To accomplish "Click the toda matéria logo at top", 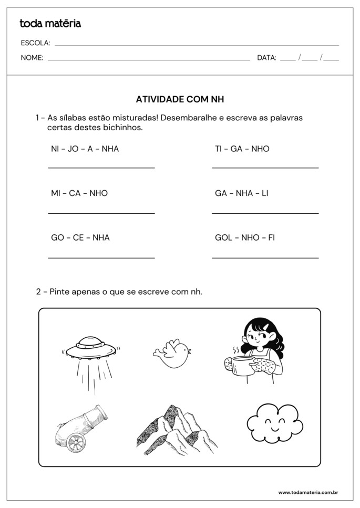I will coord(50,23).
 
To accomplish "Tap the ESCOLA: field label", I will coord(35,43).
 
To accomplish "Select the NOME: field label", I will coord(32,58).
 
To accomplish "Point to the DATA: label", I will coord(266,58).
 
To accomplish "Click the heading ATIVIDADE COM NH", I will coord(180,99).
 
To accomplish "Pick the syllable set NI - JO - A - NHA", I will coord(85,149).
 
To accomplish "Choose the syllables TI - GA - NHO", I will coord(242,149).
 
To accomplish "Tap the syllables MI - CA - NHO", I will coord(79,193).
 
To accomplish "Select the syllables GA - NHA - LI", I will coord(241,193).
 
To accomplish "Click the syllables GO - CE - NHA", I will coord(80,237).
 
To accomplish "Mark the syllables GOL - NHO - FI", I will coord(245,237).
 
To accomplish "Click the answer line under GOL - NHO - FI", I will coord(265,258).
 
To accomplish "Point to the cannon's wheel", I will coord(76,443).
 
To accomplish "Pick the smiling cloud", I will coord(274,423).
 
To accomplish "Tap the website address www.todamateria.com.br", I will coord(307,492).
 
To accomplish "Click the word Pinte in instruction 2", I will coord(60,292).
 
